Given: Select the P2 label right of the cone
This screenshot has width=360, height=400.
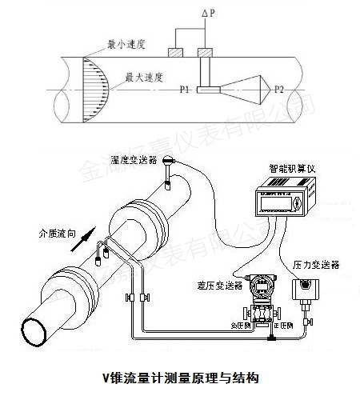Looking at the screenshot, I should tap(279, 91).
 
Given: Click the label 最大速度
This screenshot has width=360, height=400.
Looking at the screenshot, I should tap(145, 79).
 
